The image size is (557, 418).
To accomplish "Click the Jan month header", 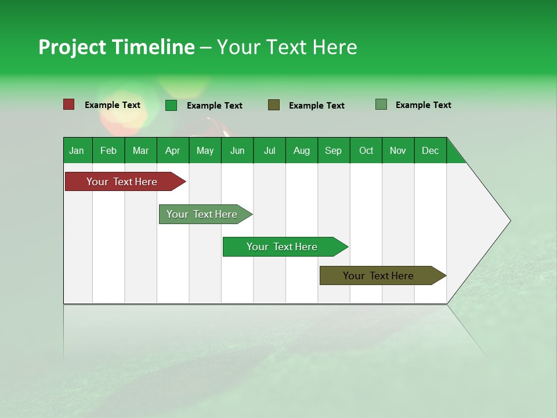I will click(x=77, y=150).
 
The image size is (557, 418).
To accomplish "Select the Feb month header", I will click(x=108, y=150).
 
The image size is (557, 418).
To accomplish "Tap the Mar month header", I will click(x=140, y=150).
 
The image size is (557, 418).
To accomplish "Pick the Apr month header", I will click(x=173, y=150).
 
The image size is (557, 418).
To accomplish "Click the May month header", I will click(x=205, y=150).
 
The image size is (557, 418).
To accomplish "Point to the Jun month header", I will click(x=237, y=150).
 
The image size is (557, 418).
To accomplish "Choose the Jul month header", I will click(x=269, y=150).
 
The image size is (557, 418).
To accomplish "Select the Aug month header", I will click(x=302, y=150).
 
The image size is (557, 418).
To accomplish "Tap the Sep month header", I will click(x=334, y=150).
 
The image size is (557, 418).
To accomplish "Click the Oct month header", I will click(x=366, y=150).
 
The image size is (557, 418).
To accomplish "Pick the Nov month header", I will click(x=398, y=150).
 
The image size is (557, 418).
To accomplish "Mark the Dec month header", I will click(x=431, y=150).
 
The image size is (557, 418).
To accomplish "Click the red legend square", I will click(x=69, y=105).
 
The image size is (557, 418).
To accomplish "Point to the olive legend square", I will click(x=274, y=105).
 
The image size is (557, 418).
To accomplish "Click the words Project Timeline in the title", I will click(x=117, y=47).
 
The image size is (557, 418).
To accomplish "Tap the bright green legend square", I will click(x=171, y=105).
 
